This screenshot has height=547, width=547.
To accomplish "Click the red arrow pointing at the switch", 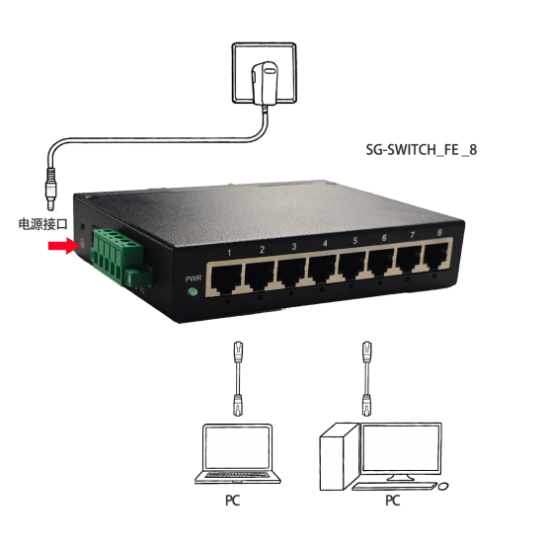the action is pos(63,246).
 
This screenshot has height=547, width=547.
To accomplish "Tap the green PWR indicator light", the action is pos(192,291).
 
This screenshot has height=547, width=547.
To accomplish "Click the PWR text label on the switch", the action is pos(194,278).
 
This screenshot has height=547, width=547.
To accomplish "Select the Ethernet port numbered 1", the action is pos(227,279).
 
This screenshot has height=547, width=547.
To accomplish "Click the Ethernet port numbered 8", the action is pos(435,257).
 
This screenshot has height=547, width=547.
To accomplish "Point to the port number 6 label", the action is pos(384,238).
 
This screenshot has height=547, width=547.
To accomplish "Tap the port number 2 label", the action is pos(262,250).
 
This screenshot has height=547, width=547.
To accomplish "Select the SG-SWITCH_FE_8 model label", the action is pos(421,150).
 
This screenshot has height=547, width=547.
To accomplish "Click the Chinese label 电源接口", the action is pos(42,224).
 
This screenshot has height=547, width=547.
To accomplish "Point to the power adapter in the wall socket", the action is pos(265,83).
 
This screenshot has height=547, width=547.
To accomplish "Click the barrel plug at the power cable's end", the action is pos(51,190).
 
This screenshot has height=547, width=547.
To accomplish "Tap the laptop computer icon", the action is pos(237,454).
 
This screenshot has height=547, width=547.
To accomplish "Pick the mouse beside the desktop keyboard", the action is pos(443,487).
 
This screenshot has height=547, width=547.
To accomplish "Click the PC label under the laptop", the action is pos(233,501).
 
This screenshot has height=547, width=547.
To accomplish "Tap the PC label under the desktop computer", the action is pos(392,501).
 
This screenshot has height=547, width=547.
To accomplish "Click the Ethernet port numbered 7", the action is pos(409,260).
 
